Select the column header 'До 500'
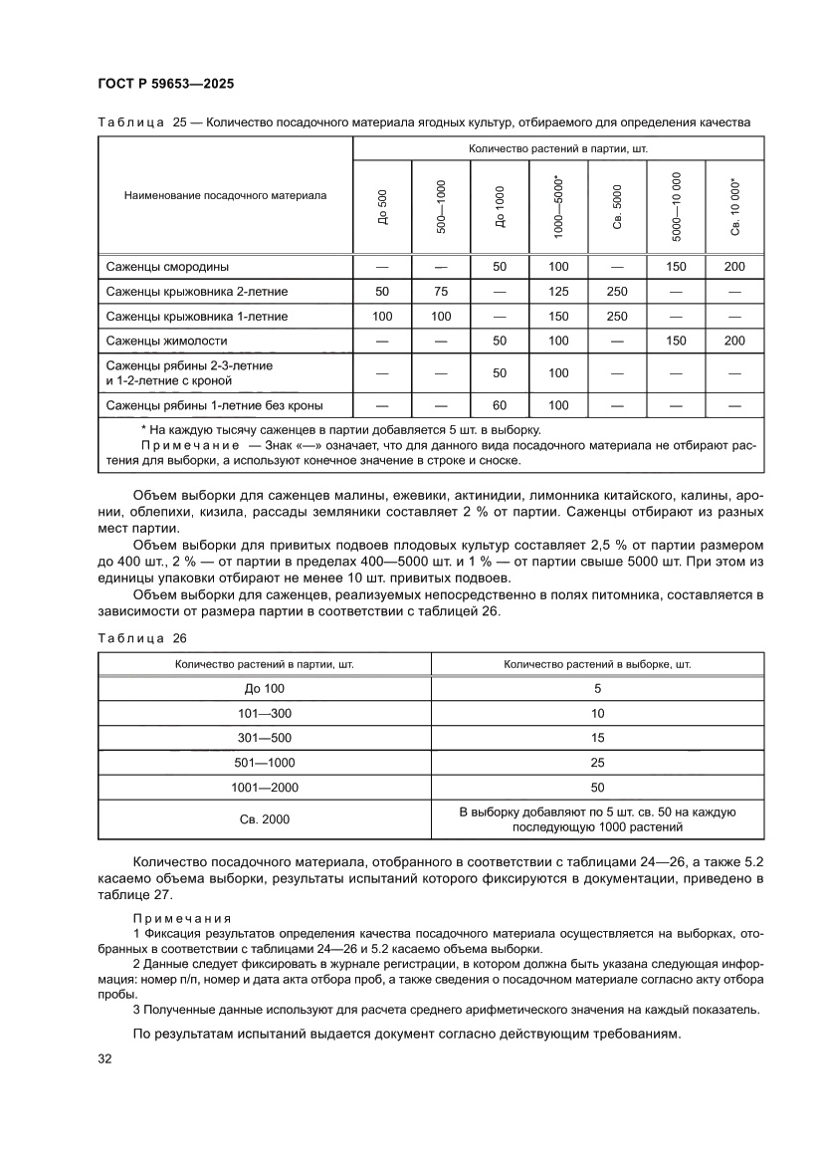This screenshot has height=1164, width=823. pyautogui.click(x=383, y=207)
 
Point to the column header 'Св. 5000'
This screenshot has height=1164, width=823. pyautogui.click(x=617, y=207)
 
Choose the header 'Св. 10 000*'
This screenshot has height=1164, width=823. pyautogui.click(x=735, y=207)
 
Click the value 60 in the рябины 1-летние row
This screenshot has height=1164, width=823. pyautogui.click(x=500, y=405)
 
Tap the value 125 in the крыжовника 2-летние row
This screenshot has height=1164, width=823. pyautogui.click(x=558, y=292)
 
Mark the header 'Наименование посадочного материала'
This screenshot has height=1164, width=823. pyautogui.click(x=225, y=196)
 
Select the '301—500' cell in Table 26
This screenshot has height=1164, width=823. pyautogui.click(x=264, y=738)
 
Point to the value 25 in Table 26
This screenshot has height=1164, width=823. pyautogui.click(x=597, y=763)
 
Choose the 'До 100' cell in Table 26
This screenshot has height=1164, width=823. pyautogui.click(x=264, y=689)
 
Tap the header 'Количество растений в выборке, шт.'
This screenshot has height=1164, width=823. pyautogui.click(x=597, y=663)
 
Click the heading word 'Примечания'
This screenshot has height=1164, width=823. pyautogui.click(x=181, y=917)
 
